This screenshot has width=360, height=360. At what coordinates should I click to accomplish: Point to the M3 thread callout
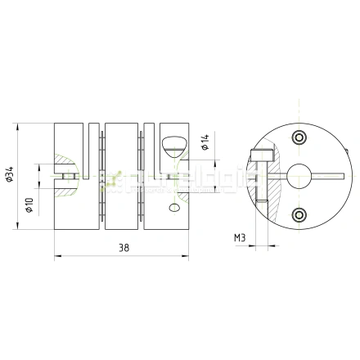(240, 238)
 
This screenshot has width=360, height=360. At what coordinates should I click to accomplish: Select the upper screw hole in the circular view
(299, 135)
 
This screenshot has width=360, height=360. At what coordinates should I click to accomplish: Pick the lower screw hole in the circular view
(299, 214)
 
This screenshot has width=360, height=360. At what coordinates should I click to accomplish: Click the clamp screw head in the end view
(262, 153)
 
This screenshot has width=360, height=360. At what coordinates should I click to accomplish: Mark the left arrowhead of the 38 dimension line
(57, 256)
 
